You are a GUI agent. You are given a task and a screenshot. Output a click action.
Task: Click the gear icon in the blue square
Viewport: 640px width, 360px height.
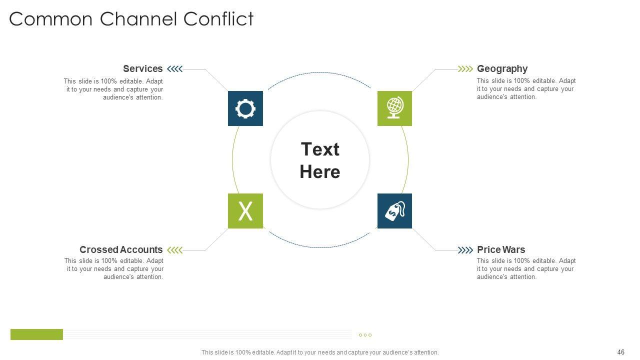click(x=245, y=108)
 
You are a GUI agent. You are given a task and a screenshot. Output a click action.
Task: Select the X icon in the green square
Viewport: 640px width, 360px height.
click(x=245, y=211)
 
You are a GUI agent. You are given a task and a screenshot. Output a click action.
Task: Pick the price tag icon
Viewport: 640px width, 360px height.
click(x=394, y=211)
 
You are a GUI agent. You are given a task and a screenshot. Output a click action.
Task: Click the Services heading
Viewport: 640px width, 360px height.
click(x=142, y=69)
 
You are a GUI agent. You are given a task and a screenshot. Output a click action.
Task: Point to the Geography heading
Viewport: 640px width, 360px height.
click(x=502, y=69)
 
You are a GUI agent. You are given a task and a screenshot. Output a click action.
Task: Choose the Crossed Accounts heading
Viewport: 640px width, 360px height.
click(x=121, y=249)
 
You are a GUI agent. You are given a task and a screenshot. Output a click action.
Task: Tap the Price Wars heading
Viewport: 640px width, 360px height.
click(x=501, y=249)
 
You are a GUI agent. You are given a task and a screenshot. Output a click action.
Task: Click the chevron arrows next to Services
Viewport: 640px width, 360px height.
click(x=174, y=69)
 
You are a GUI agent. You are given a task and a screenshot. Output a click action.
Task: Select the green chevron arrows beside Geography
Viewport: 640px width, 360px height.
click(x=465, y=69)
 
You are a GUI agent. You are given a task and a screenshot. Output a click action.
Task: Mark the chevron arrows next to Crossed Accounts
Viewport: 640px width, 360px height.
click(x=174, y=249)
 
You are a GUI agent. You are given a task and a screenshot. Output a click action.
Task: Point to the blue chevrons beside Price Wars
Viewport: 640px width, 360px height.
click(x=465, y=249)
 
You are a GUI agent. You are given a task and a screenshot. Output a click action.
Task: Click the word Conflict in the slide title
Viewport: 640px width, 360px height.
click(x=218, y=19)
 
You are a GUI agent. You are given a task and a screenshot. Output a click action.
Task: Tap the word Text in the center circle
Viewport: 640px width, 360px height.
click(x=320, y=149)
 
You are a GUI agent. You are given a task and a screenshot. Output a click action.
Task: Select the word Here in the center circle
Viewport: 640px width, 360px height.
click(x=320, y=172)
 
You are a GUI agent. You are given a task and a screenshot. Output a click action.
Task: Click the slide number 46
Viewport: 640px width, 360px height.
click(x=621, y=352)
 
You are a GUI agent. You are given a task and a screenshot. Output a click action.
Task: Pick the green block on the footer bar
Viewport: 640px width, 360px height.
click(x=36, y=334)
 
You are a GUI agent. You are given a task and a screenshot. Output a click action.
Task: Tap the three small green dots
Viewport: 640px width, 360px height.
click(x=365, y=335)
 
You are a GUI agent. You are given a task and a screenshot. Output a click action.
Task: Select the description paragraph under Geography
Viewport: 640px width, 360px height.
click(x=526, y=89)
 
